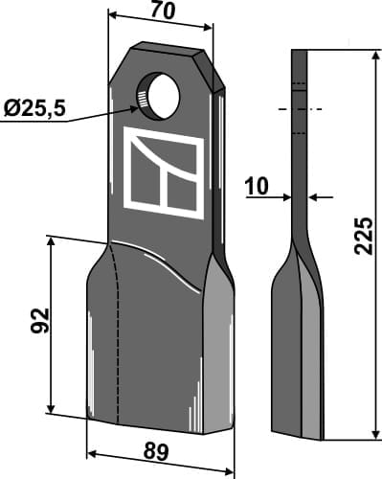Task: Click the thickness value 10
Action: pos(256,189)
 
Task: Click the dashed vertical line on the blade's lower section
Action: pos(117,335)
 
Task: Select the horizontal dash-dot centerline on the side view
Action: pos(300,109)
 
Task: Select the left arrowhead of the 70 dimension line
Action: pos(111,17)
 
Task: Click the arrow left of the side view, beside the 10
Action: pos(285,198)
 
